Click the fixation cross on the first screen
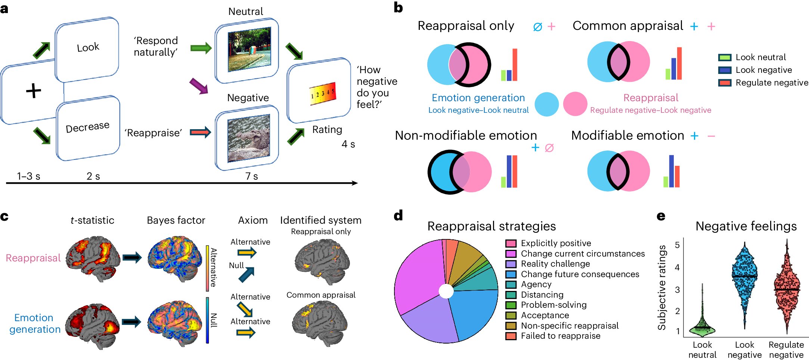point(33,91)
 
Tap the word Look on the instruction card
point(88,47)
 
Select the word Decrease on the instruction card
point(87,127)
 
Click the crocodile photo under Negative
point(248,138)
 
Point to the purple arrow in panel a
point(198,86)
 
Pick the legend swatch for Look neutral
point(725,58)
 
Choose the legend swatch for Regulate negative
point(725,83)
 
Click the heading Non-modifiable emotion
point(466,135)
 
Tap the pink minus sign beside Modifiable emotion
point(711,136)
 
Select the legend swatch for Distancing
point(511,295)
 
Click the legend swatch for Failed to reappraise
point(511,336)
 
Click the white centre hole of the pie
point(446,291)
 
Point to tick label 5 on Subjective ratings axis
point(677,245)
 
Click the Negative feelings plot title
point(746,226)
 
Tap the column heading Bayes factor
point(176,220)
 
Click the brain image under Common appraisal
point(320,323)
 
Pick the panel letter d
point(398,215)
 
